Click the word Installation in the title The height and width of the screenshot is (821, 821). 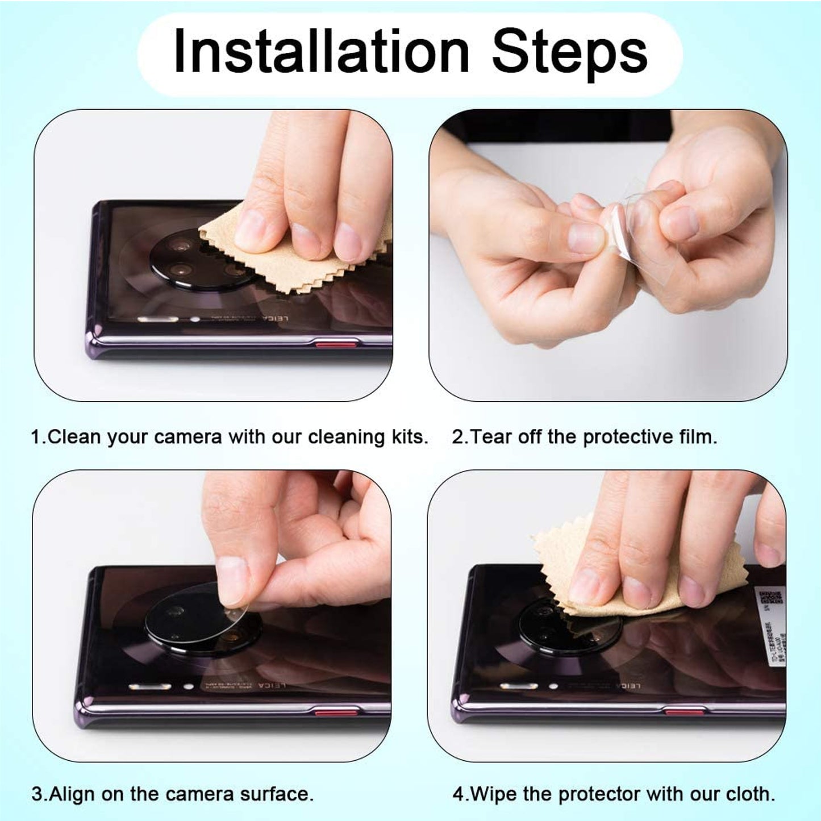click(x=321, y=51)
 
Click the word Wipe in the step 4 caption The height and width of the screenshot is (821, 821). click(x=494, y=794)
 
